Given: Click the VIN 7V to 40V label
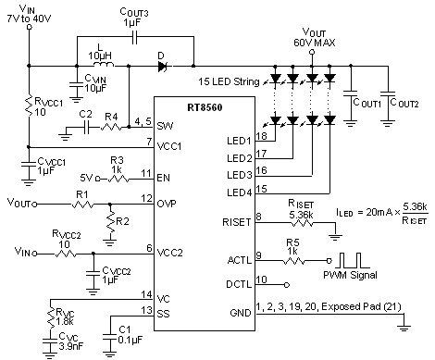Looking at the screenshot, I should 27,15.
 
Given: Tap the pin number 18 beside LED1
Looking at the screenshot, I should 261,137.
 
